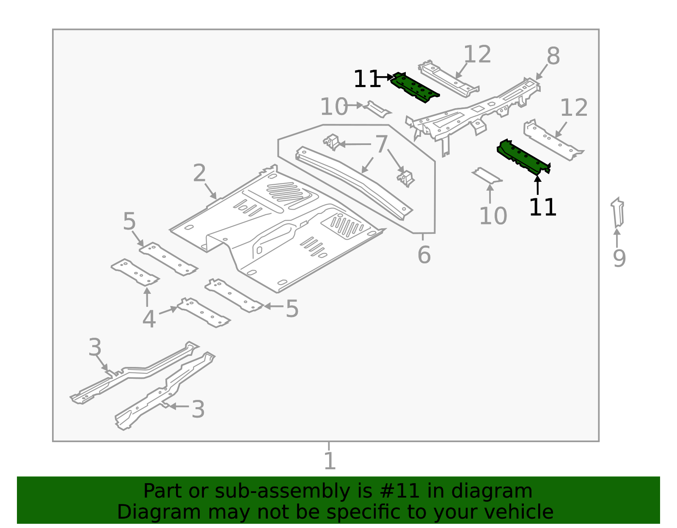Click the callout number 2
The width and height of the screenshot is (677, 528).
point(199,173)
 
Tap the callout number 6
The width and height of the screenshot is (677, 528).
point(424,255)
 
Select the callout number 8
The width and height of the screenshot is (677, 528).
point(553,56)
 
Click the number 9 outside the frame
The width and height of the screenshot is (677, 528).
point(619,258)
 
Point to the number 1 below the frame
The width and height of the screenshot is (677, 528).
point(329,461)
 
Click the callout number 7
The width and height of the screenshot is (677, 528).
point(381,145)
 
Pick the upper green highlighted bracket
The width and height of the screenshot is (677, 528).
point(415,88)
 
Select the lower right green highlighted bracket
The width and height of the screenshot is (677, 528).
point(523,157)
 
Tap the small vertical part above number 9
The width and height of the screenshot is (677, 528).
point(618,213)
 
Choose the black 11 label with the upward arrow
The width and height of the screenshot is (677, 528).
point(542,208)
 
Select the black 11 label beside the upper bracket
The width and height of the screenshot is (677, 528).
point(366,79)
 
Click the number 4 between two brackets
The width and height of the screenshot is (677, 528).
point(149,319)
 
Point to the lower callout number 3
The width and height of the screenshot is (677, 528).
point(198,410)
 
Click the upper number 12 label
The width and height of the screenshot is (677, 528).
point(477,55)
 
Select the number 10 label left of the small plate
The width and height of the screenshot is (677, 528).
point(333,107)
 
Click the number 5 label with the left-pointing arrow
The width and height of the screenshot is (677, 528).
point(292,309)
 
